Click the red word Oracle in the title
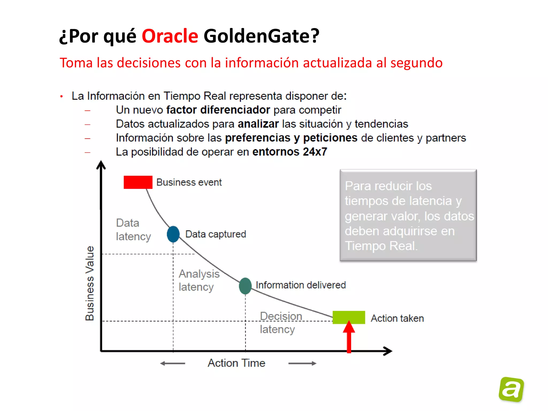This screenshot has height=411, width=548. click(170, 36)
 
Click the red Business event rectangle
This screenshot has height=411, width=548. click(138, 182)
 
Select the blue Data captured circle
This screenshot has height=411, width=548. click(173, 234)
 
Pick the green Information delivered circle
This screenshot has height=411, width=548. click(245, 286)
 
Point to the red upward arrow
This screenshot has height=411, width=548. click(349, 338)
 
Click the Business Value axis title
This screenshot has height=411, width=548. click(90, 283)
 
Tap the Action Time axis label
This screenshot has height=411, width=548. click(236, 363)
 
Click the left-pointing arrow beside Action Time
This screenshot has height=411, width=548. click(173, 363)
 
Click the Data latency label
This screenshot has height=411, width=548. click(133, 230)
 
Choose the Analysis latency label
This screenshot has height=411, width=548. click(199, 280)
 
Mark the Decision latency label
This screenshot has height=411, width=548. click(280, 322)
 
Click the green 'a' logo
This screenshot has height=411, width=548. click(511, 389)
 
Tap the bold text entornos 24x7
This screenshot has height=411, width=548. click(290, 152)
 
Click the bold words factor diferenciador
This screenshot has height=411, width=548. click(218, 110)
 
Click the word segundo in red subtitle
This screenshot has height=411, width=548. click(416, 63)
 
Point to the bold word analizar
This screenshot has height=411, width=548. click(258, 124)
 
